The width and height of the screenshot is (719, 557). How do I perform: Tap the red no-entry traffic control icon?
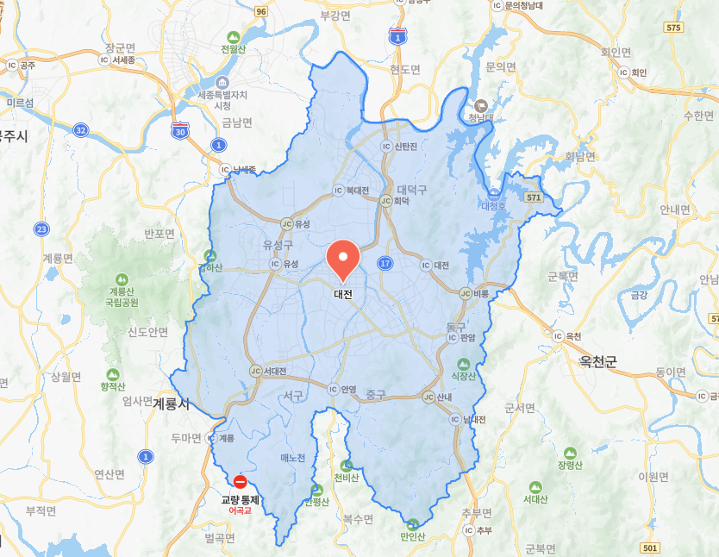[x=241, y=482]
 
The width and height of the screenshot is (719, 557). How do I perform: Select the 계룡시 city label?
[x=171, y=403]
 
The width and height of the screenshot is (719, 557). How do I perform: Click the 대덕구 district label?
[x=411, y=189]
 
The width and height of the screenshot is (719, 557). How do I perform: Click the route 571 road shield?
[x=535, y=197]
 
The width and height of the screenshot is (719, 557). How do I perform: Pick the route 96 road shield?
[x=260, y=11]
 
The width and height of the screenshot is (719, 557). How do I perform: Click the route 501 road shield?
[x=650, y=548]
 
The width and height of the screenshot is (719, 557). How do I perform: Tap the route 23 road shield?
[x=41, y=228]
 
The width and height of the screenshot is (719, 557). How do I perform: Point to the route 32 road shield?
[x=80, y=129]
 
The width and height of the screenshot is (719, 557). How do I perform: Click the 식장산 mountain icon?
[x=464, y=364]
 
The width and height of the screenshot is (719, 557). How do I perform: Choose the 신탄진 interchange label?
[x=405, y=147]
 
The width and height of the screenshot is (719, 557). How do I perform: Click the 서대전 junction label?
[x=276, y=371]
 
